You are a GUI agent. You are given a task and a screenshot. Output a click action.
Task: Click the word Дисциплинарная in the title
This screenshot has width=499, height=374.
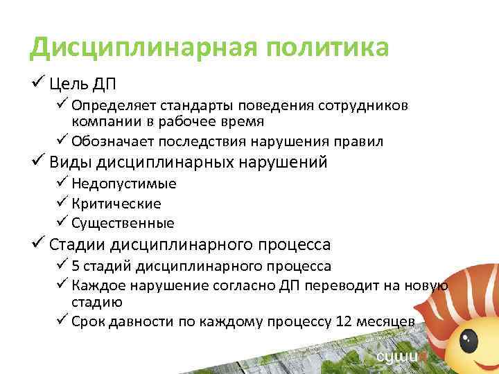point(139,48)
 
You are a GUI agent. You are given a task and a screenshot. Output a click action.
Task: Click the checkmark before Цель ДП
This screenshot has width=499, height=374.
point(38,84)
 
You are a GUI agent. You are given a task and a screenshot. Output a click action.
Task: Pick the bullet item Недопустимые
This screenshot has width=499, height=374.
point(123,184)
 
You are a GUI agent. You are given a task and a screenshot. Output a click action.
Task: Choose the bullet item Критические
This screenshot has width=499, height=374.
point(116,204)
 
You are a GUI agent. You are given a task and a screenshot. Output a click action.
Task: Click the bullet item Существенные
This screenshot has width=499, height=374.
point(123,223)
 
